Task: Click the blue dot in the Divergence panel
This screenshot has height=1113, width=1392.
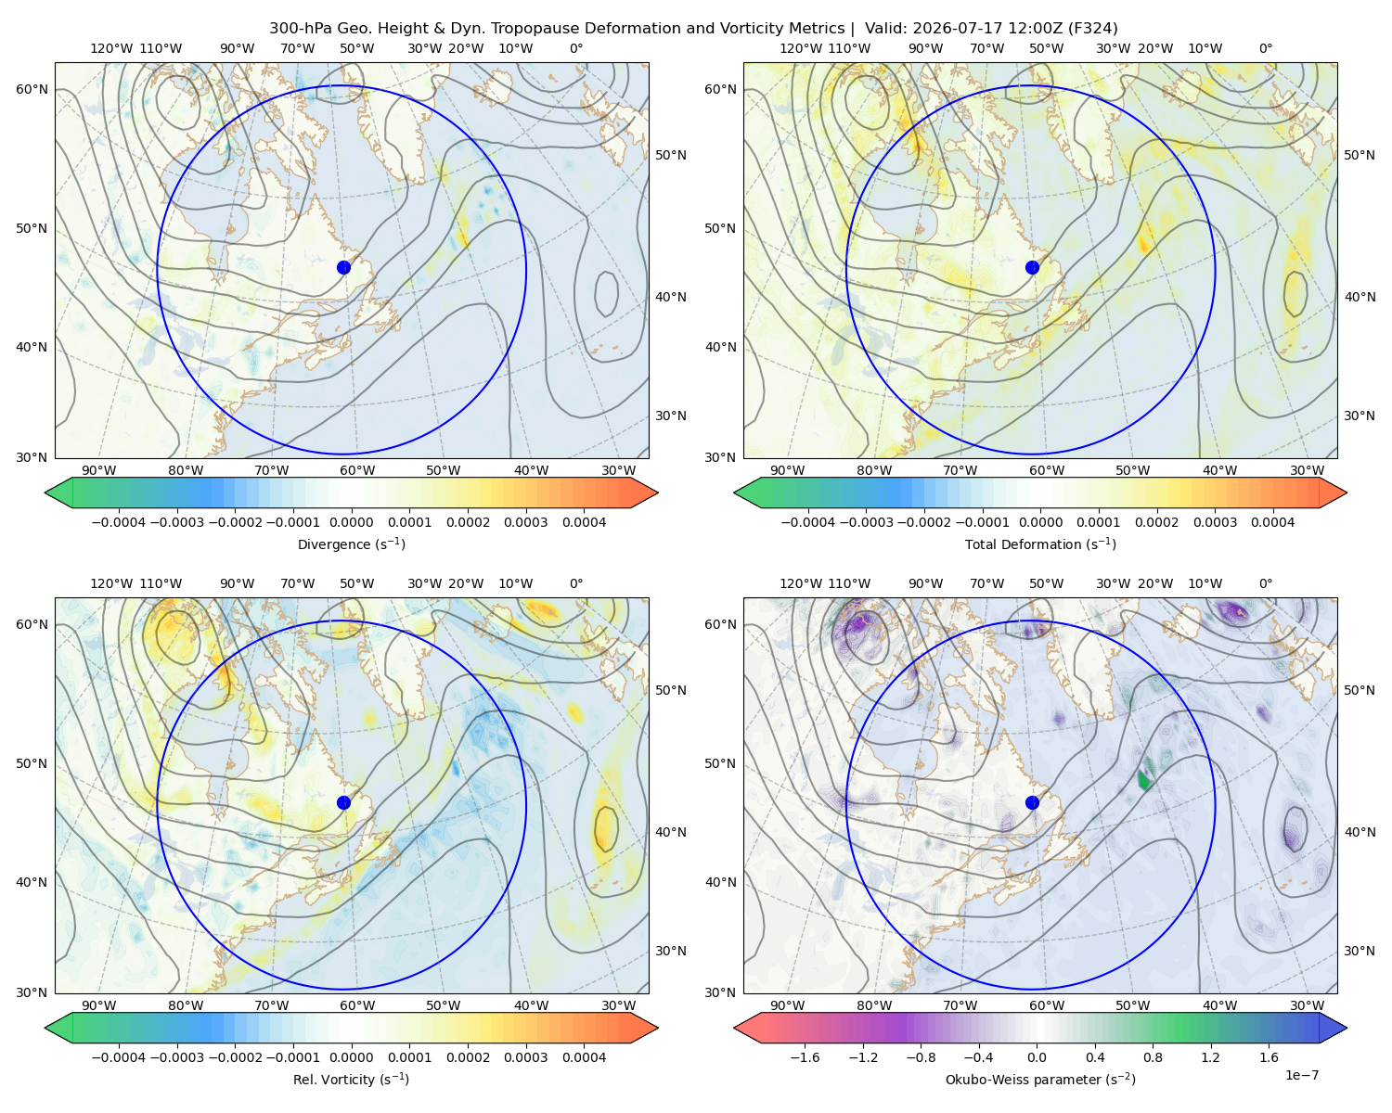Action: (x=343, y=267)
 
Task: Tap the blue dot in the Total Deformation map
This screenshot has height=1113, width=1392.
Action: (x=1032, y=267)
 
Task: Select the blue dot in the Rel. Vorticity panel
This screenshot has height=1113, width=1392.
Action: (x=343, y=802)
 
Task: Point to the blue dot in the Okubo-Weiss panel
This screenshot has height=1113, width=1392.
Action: (x=1032, y=802)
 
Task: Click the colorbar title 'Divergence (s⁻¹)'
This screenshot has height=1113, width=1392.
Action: (x=351, y=544)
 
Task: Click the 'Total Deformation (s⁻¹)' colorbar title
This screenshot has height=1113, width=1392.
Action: (x=1040, y=544)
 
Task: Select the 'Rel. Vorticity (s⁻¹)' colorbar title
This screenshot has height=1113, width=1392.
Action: (x=351, y=1080)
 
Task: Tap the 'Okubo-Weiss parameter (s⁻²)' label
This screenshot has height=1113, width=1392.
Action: (x=1040, y=1080)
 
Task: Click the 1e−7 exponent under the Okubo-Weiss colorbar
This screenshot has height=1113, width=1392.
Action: (x=1301, y=1076)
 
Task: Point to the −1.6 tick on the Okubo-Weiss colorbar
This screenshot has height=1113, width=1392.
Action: (x=805, y=1057)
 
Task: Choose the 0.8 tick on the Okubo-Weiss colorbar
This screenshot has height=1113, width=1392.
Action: (x=1153, y=1057)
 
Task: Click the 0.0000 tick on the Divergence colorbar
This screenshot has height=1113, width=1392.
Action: (x=351, y=522)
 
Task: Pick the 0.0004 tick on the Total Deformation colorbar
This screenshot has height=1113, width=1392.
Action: (x=1272, y=522)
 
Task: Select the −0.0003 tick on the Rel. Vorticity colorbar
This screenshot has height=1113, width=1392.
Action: (x=176, y=1057)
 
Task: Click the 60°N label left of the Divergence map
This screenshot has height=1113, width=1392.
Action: (x=32, y=89)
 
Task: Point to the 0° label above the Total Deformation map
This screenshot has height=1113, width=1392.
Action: (x=1265, y=48)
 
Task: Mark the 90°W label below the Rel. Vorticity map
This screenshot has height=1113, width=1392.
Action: (x=99, y=1005)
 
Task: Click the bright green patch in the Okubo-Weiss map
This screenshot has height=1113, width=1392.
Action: (x=1143, y=779)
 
